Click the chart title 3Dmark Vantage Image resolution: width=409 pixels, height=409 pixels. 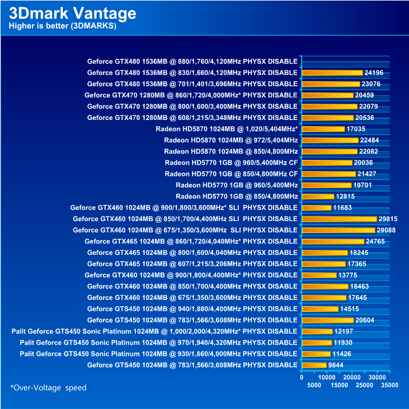[x=73, y=13]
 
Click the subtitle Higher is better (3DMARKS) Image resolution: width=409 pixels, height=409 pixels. [x=63, y=26]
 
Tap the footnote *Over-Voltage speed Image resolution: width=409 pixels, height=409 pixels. [x=49, y=388]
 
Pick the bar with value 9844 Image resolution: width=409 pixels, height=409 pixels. [x=314, y=365]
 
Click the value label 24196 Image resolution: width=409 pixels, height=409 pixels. [x=374, y=73]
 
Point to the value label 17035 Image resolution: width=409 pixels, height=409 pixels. [x=356, y=129]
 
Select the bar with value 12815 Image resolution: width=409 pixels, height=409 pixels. [x=318, y=197]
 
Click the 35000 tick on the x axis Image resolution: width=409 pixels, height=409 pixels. [x=389, y=385]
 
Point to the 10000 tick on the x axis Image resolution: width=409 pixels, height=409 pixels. [x=326, y=378]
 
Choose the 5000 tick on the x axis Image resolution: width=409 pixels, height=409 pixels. [x=314, y=385]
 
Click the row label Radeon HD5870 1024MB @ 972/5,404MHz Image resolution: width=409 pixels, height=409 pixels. [x=231, y=140]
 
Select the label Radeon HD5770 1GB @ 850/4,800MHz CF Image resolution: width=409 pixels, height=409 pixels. [x=231, y=174]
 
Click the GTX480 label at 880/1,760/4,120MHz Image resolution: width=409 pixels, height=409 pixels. [x=193, y=61]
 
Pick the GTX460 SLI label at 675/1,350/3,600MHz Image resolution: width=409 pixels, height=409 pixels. [x=185, y=230]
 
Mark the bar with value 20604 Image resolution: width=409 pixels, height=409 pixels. [x=327, y=320]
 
